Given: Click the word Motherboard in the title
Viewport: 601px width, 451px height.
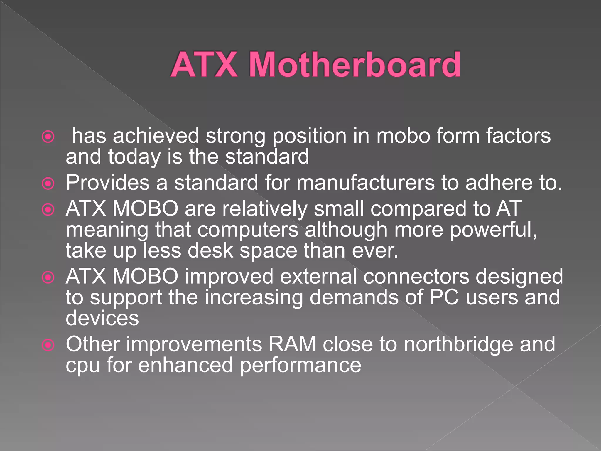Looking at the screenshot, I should [x=354, y=64].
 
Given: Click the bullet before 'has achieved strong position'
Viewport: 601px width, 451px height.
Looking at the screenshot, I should [x=48, y=137].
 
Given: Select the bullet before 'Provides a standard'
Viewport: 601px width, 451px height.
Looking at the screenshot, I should [x=48, y=184].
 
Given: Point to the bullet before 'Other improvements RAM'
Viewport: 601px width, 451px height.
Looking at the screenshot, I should [x=48, y=345].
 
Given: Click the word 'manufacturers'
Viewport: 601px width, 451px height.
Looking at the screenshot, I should [x=365, y=183].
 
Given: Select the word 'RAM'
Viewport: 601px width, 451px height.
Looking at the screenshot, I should [x=292, y=344].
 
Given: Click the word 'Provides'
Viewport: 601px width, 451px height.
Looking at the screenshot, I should [x=107, y=183].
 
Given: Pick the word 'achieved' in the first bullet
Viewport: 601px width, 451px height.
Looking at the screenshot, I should [x=156, y=136].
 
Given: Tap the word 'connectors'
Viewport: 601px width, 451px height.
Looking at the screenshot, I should [x=416, y=277].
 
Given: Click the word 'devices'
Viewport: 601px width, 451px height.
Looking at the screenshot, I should [x=102, y=318].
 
